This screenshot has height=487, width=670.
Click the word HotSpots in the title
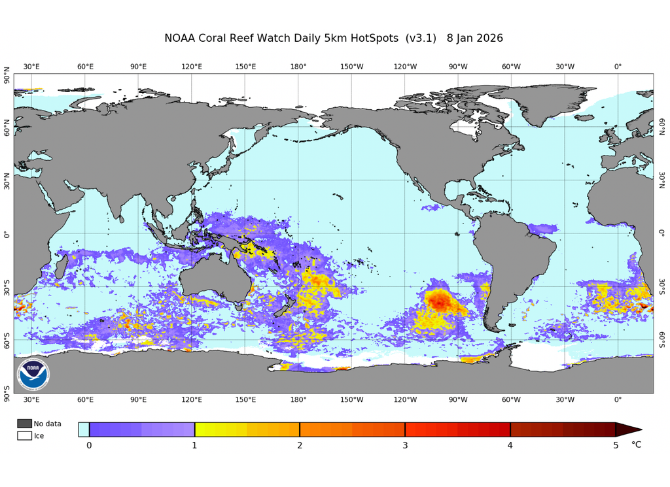(368, 38)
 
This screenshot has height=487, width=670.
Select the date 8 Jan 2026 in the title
(475, 38)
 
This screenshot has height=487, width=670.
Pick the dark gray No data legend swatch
(24, 424)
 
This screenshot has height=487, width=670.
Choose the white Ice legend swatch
(24, 435)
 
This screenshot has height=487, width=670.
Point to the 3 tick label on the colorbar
(405, 446)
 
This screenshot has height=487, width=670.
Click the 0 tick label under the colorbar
(89, 446)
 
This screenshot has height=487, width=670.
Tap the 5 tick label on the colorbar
(616, 446)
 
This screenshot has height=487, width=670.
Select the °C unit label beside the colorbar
(636, 445)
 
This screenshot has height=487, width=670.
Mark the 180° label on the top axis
(298, 67)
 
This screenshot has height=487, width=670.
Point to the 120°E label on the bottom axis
(192, 399)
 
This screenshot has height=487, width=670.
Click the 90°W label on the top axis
(458, 67)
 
